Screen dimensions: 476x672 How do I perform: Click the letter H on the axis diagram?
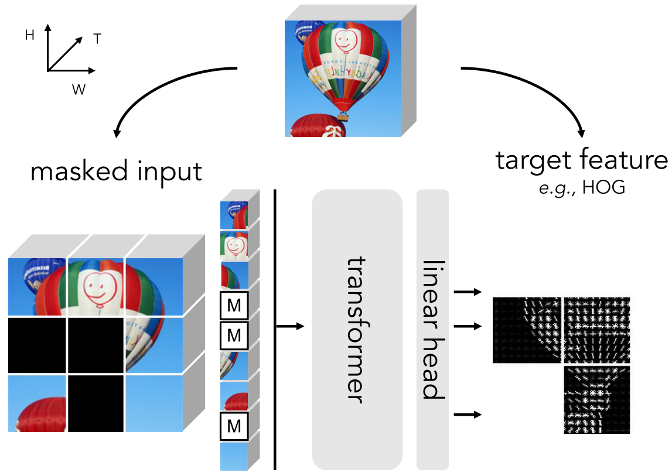tap(29, 36)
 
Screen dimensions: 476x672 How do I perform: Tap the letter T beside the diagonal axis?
tap(97, 39)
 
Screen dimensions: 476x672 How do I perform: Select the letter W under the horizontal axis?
tap(77, 90)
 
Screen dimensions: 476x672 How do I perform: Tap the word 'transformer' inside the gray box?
tap(357, 329)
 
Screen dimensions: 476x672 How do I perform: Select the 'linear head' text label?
tap(432, 329)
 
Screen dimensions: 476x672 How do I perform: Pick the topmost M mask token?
tap(234, 304)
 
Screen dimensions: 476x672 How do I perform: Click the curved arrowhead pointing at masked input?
tap(117, 132)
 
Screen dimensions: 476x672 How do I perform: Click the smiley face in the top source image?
tap(346, 41)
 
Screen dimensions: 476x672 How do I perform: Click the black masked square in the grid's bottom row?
tap(96, 403)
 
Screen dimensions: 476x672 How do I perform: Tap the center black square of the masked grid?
tap(96, 345)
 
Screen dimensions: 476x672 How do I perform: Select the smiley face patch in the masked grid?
tap(96, 287)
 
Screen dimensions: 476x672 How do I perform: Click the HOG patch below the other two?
tap(596, 399)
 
